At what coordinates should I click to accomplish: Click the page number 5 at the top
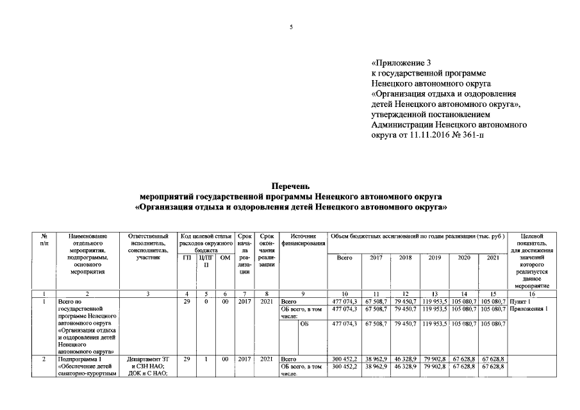coord(290,26)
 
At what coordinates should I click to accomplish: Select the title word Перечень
coord(290,185)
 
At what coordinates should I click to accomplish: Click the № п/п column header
coord(44,240)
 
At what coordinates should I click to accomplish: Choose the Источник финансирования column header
coord(303,240)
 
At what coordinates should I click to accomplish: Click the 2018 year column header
coord(405,258)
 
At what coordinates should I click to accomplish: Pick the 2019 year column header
coord(434,258)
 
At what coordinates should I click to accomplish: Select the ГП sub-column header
coord(186,258)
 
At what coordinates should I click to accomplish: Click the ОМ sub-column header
coord(224,258)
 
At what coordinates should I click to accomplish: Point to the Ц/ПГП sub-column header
coord(206,261)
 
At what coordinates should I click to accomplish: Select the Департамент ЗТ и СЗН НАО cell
coord(148,363)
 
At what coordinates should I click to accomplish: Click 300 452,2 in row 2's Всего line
coord(344,359)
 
